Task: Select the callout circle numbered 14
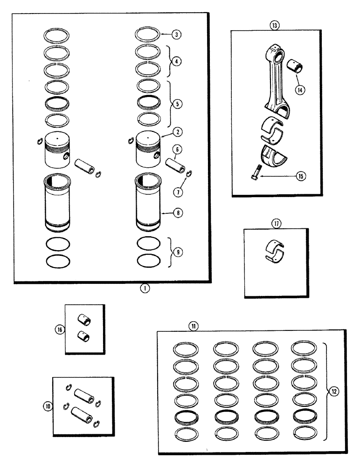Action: tap(298, 90)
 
